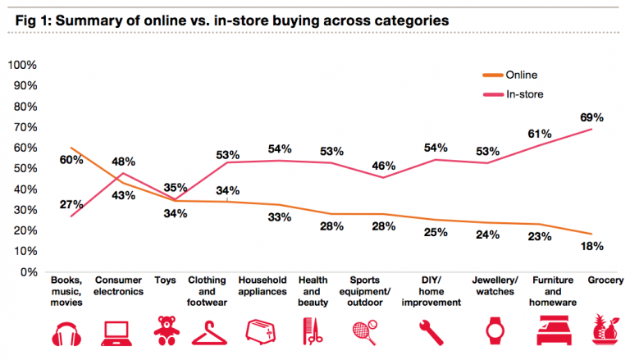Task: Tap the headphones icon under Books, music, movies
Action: (69, 335)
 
